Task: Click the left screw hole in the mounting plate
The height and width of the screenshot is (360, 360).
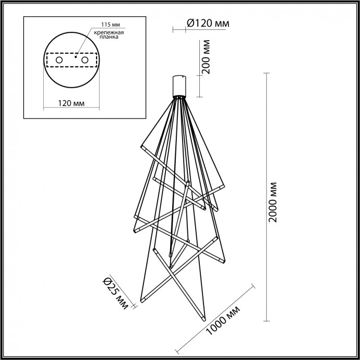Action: pos(59,61)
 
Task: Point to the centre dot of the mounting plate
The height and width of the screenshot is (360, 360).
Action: pos(76,58)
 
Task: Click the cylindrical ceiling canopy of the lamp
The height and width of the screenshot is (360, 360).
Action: pos(180,84)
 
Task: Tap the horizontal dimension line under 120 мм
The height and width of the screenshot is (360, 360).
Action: pos(71,108)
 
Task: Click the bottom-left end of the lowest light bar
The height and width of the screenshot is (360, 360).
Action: pos(142,302)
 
